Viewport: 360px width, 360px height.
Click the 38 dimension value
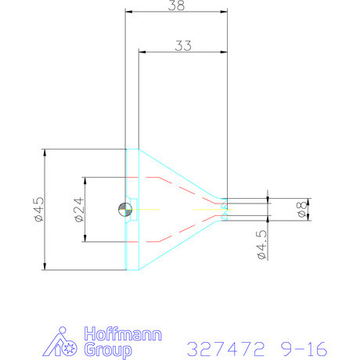pos(177,5)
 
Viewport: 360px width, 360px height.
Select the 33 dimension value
pos(183,45)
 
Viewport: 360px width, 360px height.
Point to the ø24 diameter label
pos(79,209)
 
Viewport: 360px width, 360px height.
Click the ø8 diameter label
pos(303,209)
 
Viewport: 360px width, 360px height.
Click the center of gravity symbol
pos(125,209)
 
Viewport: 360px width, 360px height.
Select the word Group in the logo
pos(101,348)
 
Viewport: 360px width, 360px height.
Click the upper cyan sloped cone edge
pos(180,173)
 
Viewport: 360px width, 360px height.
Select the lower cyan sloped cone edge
pos(180,246)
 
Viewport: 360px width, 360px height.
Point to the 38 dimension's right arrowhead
pos(224,12)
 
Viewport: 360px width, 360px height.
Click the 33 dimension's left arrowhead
pos(142,52)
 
